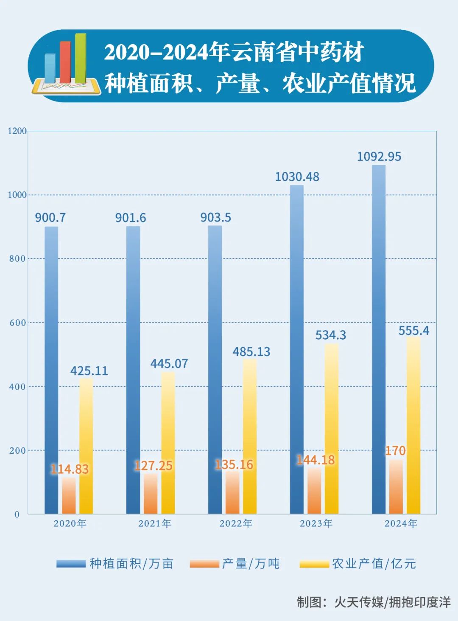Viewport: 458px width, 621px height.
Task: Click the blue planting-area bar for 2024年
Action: pyautogui.click(x=379, y=340)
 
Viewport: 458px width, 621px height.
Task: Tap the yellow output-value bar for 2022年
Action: pyautogui.click(x=250, y=437)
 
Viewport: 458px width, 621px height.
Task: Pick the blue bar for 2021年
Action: pyautogui.click(x=133, y=369)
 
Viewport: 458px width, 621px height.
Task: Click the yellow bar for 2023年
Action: pyautogui.click(x=332, y=429)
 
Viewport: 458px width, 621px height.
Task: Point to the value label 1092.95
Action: pyautogui.click(x=379, y=157)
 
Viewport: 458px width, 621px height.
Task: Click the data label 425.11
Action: pyautogui.click(x=89, y=371)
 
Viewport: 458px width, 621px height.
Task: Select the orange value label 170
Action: pyautogui.click(x=395, y=451)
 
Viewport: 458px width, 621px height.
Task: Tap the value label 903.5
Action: pyautogui.click(x=215, y=218)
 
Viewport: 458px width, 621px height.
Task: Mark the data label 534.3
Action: pyautogui.click(x=331, y=335)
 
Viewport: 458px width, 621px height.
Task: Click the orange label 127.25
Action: pyautogui.click(x=154, y=466)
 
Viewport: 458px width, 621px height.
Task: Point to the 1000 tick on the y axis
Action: pyautogui.click(x=17, y=195)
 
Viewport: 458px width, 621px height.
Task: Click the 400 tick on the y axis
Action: pyautogui.click(x=17, y=387)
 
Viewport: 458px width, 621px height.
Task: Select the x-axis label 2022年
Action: pyautogui.click(x=236, y=524)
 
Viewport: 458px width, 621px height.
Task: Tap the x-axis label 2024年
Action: pyautogui.click(x=401, y=524)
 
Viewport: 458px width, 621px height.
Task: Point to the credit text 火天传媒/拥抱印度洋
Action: pyautogui.click(x=392, y=602)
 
